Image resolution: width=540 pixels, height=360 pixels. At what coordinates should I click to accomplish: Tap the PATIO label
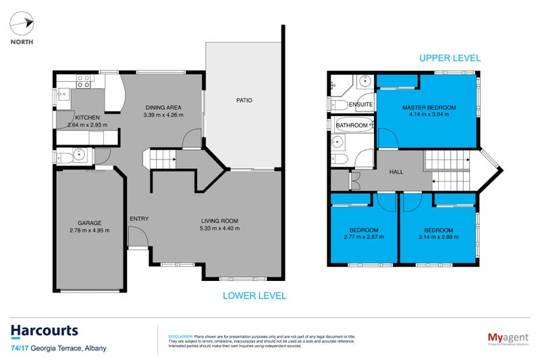[x=244, y=101]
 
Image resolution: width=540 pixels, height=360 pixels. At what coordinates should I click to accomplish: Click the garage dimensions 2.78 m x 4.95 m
[x=89, y=231]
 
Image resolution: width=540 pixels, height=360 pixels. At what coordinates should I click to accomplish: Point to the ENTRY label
[x=139, y=218]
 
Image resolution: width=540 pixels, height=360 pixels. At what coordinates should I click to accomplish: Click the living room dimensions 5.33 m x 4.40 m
[x=220, y=228]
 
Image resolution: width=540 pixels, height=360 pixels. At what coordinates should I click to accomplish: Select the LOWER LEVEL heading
[x=254, y=295]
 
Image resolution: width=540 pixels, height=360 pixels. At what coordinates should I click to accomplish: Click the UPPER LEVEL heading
[x=450, y=59]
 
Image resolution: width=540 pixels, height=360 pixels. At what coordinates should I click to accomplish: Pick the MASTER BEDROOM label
[x=429, y=107]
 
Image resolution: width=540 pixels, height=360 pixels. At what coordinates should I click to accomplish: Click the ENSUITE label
[x=361, y=105]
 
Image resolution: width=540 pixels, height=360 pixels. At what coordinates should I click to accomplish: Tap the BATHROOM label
[x=352, y=126]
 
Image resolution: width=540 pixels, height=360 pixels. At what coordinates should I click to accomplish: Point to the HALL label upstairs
[x=396, y=172]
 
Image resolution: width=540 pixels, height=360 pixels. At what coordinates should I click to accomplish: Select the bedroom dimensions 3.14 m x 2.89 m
[x=438, y=237]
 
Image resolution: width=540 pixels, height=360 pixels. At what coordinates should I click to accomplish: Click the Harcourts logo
[x=45, y=331]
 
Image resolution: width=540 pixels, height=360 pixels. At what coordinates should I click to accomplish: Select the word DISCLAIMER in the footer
[x=180, y=336]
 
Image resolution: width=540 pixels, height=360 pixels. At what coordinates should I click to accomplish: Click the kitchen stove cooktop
[x=84, y=81]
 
